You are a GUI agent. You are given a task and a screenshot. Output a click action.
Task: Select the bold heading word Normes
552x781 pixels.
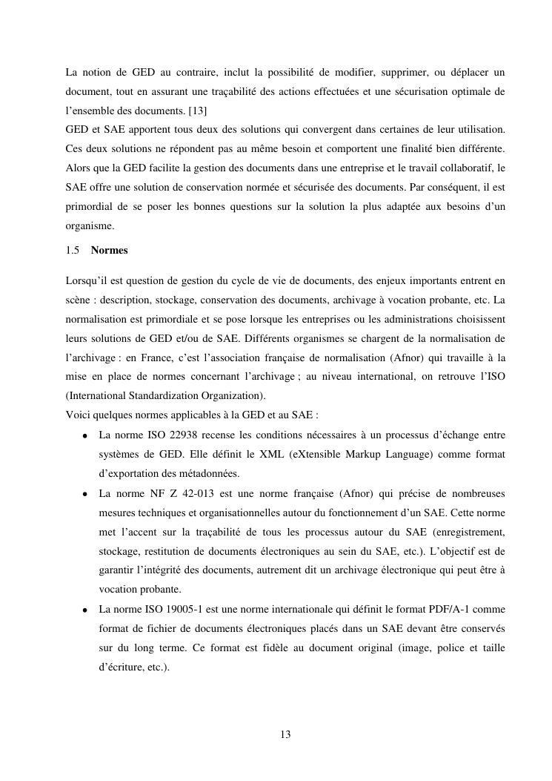click(109, 250)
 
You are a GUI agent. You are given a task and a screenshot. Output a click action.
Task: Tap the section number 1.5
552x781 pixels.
click(73, 250)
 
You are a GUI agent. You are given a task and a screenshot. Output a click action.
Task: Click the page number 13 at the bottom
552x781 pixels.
click(286, 734)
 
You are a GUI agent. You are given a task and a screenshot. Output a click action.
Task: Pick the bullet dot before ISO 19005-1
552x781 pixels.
click(86, 610)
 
